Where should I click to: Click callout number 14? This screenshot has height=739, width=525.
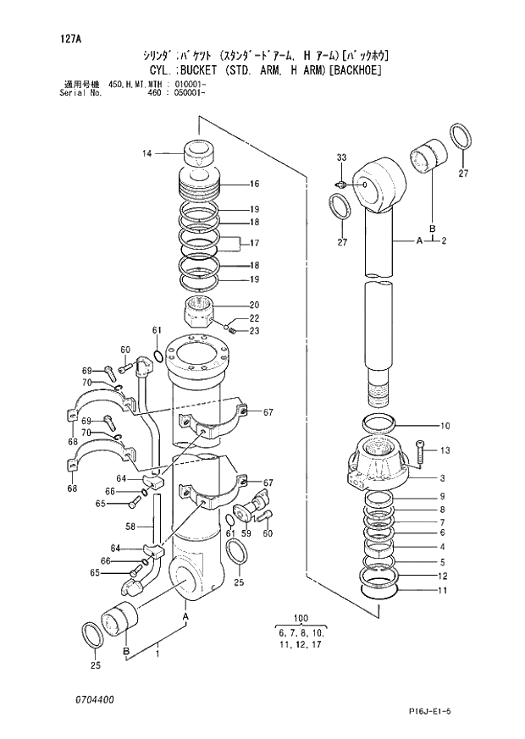point(146,153)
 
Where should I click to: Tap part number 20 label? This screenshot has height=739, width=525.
point(254,305)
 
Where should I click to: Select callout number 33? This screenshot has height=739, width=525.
point(341,157)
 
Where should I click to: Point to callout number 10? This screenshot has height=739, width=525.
point(445,426)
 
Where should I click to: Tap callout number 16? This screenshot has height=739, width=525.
point(254,184)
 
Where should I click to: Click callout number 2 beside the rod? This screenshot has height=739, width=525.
point(444,240)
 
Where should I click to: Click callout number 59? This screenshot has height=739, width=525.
point(246,533)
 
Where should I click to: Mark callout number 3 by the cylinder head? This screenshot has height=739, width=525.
point(442,478)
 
